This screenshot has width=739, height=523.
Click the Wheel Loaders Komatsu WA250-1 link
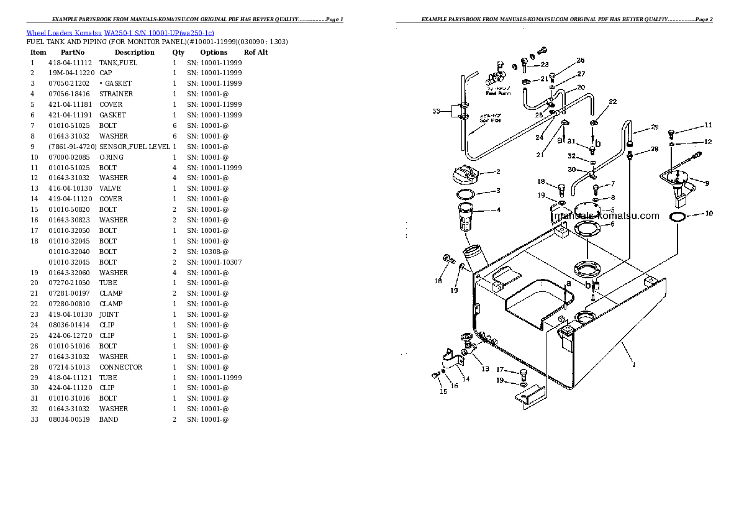point(120,32)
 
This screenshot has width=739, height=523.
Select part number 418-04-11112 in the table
point(70,63)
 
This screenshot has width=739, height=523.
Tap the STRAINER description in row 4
point(116,94)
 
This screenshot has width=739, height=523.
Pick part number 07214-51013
point(70,367)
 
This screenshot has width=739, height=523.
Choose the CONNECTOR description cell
point(120,367)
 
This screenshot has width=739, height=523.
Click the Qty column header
point(178,52)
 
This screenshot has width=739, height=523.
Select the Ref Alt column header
point(256,52)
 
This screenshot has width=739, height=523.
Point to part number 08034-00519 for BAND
point(70,419)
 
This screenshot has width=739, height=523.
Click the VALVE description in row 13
point(110,188)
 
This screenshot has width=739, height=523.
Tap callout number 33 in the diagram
point(436,112)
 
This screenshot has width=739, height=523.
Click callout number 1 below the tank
point(633,365)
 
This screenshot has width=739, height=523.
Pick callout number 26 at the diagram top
point(580,60)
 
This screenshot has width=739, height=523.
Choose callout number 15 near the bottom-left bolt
point(443,391)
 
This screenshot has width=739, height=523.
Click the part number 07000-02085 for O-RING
point(70,157)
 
